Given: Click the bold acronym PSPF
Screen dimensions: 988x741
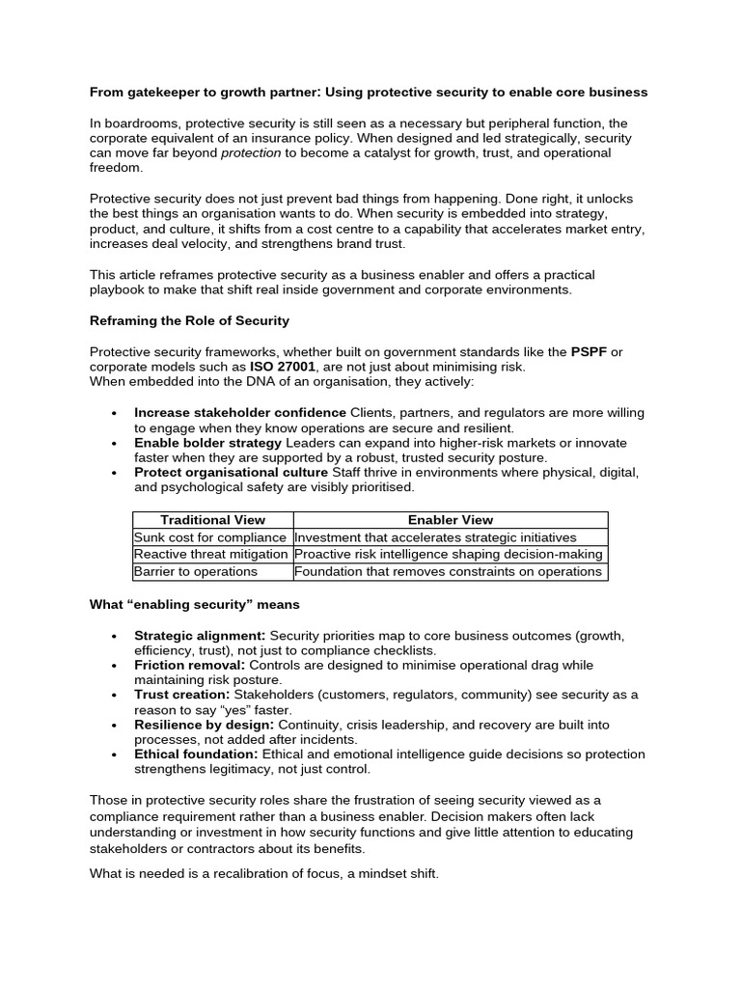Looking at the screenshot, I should [x=589, y=351].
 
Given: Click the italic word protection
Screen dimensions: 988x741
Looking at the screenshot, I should [x=251, y=152].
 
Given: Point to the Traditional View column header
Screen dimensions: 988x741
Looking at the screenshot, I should [x=212, y=520].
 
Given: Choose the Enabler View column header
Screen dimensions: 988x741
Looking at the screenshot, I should [x=451, y=520].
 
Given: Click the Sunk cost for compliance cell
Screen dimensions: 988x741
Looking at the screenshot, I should [x=210, y=537].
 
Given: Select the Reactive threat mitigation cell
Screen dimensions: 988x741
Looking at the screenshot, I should [x=211, y=554].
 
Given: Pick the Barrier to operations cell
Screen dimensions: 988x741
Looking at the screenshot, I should [x=196, y=571].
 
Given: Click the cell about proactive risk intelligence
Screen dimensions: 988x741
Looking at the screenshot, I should [x=449, y=554].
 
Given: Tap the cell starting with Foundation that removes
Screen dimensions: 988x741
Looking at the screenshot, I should [x=449, y=571].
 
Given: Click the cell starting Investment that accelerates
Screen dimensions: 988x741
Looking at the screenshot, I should [x=435, y=537].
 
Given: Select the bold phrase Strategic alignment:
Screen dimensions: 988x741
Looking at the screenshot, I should [x=200, y=636].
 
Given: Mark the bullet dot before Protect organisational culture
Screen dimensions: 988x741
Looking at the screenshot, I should [x=114, y=473].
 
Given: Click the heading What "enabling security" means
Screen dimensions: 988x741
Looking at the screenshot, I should [x=194, y=605].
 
